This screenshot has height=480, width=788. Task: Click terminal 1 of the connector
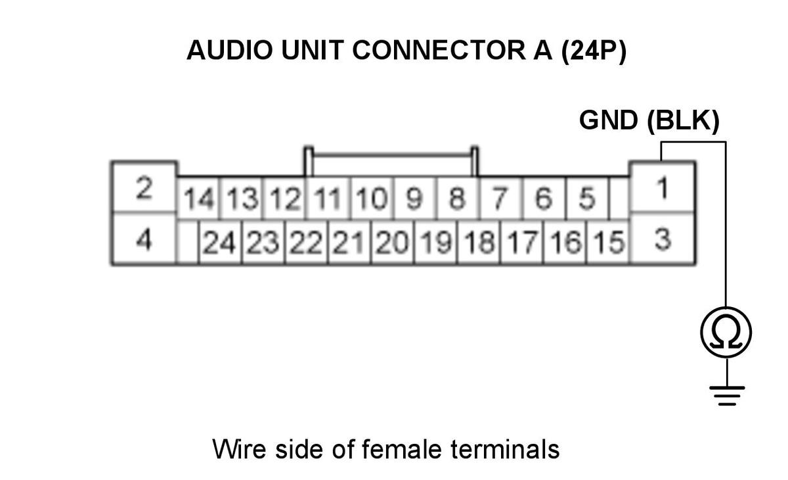pos(662,187)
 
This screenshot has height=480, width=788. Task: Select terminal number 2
pos(144,187)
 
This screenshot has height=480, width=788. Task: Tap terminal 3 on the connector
pos(662,238)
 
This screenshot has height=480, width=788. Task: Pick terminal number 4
pos(144,238)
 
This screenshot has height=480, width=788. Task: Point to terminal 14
pos(199,198)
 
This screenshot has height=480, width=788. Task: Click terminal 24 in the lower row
pos(220,242)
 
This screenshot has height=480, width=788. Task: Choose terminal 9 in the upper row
pos(415,198)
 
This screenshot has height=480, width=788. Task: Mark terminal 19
pos(436,242)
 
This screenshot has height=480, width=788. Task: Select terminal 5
pos(587,198)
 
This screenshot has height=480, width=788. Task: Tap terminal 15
pos(608,242)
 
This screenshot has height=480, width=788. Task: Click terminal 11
pos(328,198)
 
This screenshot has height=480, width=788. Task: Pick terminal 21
pos(349,242)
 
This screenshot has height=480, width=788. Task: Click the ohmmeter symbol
pos(726,333)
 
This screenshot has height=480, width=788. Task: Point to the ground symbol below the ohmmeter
pos(727,396)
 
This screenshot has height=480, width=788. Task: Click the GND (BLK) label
pos(649,121)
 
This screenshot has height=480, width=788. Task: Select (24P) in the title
pos(594,51)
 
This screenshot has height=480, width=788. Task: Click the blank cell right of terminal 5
pos(619,198)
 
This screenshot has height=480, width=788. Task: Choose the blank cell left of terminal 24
pos(188,242)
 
